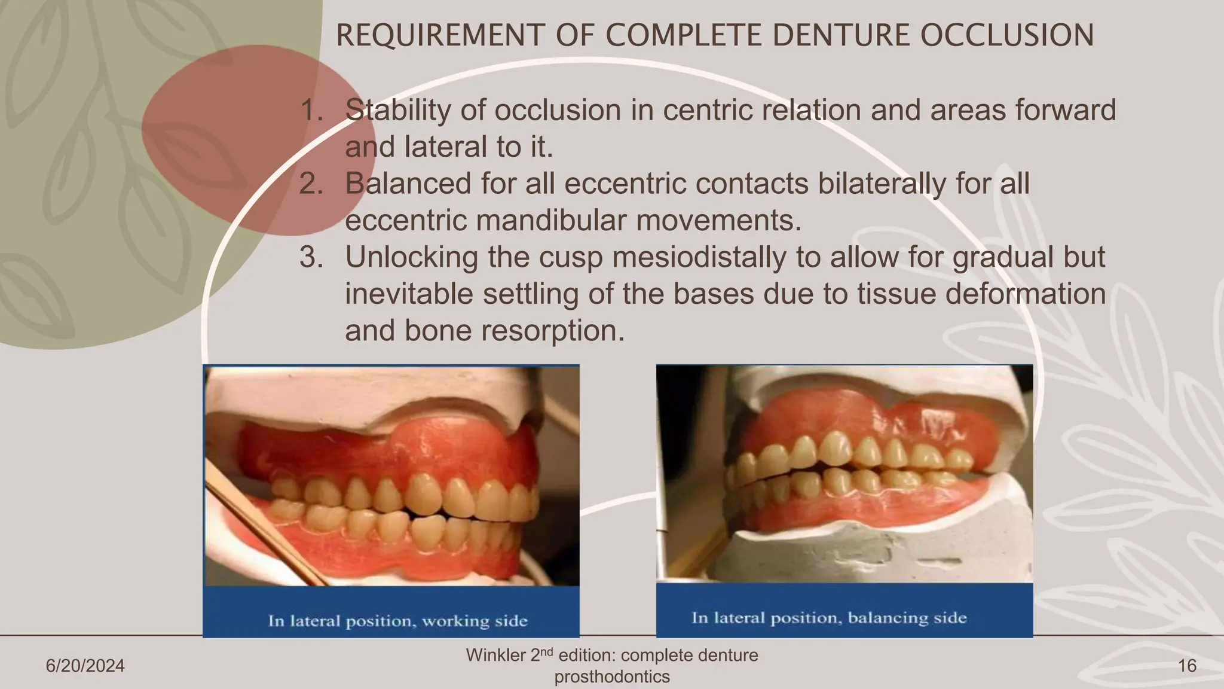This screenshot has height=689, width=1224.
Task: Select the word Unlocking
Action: (x=412, y=258)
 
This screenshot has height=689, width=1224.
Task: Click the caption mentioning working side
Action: (x=397, y=621)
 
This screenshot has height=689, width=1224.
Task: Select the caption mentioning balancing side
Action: (x=829, y=618)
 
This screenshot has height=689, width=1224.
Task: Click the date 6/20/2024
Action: (x=85, y=666)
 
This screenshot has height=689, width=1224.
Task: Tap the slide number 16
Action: (x=1187, y=666)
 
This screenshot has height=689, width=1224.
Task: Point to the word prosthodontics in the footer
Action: (x=612, y=677)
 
